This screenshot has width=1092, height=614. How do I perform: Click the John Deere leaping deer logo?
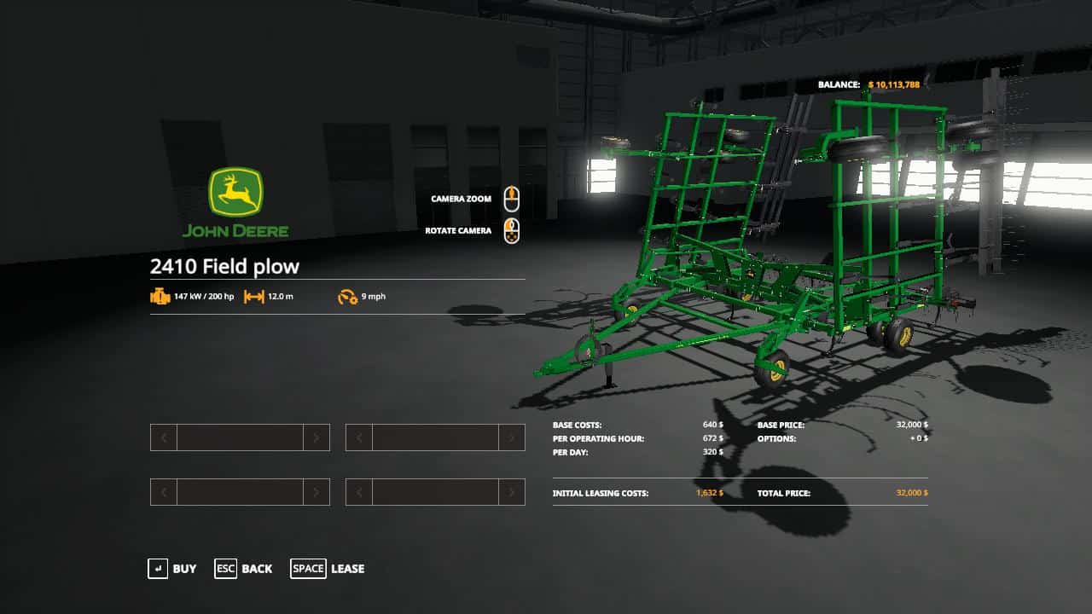click(x=235, y=191)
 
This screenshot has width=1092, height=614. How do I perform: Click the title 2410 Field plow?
click(x=224, y=266)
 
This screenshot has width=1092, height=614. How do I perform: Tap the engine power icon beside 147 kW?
click(x=160, y=297)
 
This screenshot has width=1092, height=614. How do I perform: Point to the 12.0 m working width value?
click(x=281, y=297)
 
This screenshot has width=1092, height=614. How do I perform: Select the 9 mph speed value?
click(x=373, y=297)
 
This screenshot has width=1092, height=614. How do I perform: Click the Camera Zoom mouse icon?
click(x=511, y=199)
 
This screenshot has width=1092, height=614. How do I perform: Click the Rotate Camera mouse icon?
click(x=511, y=230)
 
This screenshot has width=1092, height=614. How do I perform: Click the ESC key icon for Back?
click(x=225, y=569)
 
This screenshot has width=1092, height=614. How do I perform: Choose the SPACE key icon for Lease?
click(x=308, y=569)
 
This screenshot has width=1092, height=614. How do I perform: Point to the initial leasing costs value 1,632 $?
click(x=709, y=493)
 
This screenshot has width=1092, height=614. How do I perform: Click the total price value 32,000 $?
click(x=912, y=493)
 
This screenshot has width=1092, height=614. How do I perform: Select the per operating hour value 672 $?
click(x=712, y=438)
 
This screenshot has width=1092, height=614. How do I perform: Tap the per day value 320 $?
click(x=712, y=452)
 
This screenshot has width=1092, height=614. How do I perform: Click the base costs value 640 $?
click(x=712, y=425)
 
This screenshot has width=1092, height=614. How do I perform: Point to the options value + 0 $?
click(x=919, y=438)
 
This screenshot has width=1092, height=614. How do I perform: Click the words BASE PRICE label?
click(x=781, y=425)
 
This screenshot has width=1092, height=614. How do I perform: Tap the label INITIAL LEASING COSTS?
click(x=600, y=493)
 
